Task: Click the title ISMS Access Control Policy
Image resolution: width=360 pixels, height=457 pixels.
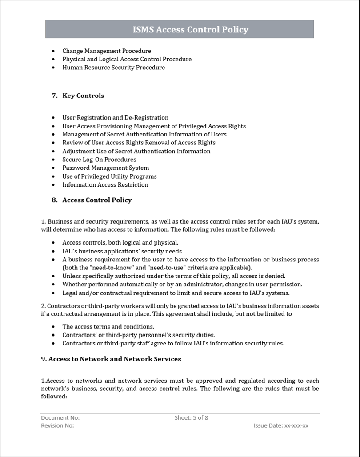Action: [190, 30]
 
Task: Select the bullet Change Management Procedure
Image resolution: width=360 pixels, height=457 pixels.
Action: [106, 51]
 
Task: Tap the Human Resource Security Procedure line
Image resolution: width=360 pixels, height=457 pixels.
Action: [113, 68]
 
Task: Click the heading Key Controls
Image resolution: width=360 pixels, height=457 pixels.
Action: [83, 96]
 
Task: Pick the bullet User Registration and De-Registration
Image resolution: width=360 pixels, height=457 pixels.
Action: [115, 118]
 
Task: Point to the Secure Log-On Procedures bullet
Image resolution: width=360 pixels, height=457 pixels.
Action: [99, 160]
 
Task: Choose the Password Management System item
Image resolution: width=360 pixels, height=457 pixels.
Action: [105, 168]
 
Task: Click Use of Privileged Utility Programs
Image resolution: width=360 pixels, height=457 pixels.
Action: [109, 176]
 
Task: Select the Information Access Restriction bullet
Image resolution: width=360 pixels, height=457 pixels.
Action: [105, 185]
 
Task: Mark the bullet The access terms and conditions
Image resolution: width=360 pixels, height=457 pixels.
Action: [108, 327]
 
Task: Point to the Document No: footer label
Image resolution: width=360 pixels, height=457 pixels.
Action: [60, 418]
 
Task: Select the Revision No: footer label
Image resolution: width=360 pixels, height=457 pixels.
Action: [57, 425]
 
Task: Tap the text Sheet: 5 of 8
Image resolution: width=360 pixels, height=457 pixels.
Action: [191, 418]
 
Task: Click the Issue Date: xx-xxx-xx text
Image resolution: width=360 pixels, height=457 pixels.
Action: [281, 425]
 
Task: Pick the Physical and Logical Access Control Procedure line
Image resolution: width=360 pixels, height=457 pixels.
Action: [127, 59]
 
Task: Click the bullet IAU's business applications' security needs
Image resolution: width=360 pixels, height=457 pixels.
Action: [122, 251]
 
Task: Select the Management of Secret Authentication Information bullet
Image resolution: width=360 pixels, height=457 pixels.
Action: [144, 134]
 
